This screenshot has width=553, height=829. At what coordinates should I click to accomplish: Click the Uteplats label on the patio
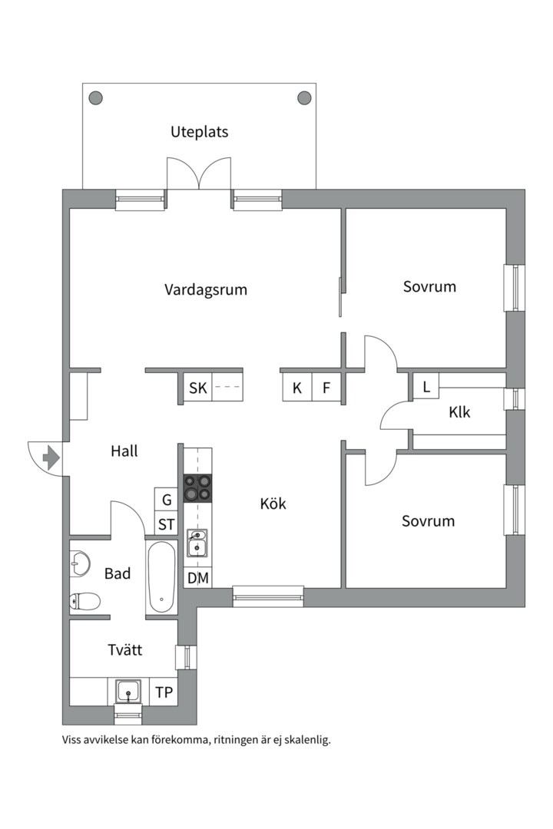click(199, 131)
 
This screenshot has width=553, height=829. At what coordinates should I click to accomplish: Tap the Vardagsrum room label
click(205, 289)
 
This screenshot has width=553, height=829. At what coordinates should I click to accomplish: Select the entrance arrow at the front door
click(51, 458)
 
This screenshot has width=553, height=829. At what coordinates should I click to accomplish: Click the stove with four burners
click(197, 488)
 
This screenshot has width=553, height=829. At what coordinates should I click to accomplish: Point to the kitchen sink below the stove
click(197, 542)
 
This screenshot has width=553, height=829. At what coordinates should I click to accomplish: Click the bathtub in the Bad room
click(162, 577)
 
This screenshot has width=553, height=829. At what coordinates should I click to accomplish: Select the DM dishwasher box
click(197, 578)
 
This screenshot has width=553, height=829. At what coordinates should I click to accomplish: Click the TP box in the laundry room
click(164, 692)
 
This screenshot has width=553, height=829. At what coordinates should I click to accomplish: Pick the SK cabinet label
click(197, 388)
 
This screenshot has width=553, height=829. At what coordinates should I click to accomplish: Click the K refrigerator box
click(296, 388)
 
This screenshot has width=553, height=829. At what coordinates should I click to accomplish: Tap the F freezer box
click(326, 388)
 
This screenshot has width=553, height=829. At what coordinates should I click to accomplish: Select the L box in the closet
click(426, 385)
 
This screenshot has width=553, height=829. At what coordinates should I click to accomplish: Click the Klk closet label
click(459, 412)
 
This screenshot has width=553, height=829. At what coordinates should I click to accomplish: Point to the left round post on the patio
click(95, 97)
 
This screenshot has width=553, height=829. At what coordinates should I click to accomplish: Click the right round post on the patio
click(304, 97)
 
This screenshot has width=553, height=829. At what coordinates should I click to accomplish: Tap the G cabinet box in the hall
click(166, 500)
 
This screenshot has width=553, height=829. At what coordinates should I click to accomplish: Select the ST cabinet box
click(166, 525)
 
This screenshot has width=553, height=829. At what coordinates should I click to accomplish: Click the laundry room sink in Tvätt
click(127, 692)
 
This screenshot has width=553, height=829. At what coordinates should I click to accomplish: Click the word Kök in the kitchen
click(273, 504)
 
